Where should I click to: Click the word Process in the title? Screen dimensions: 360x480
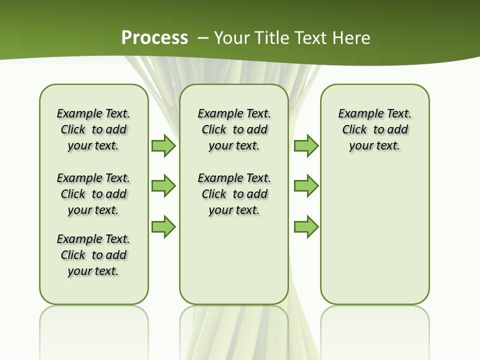tap(154, 38)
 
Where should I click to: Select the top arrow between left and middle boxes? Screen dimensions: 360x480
tap(163, 146)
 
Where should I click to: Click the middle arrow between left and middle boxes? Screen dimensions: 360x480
tap(163, 186)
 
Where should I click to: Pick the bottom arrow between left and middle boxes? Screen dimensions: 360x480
tap(163, 227)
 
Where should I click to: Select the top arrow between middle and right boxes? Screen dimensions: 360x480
tap(305, 146)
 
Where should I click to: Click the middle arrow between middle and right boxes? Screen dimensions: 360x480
tap(305, 186)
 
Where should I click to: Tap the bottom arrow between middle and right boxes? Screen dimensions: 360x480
tap(305, 227)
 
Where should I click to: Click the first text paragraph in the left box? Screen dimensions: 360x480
tap(93, 129)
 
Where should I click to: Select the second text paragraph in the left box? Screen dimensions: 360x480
tap(93, 194)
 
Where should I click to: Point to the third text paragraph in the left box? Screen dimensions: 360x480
tap(93, 255)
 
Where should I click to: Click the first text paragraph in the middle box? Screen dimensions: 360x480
tap(234, 129)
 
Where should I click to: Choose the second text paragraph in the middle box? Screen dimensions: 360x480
tap(234, 194)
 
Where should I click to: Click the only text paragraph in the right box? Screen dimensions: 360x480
tap(375, 129)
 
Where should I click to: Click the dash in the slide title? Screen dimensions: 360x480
tap(203, 38)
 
